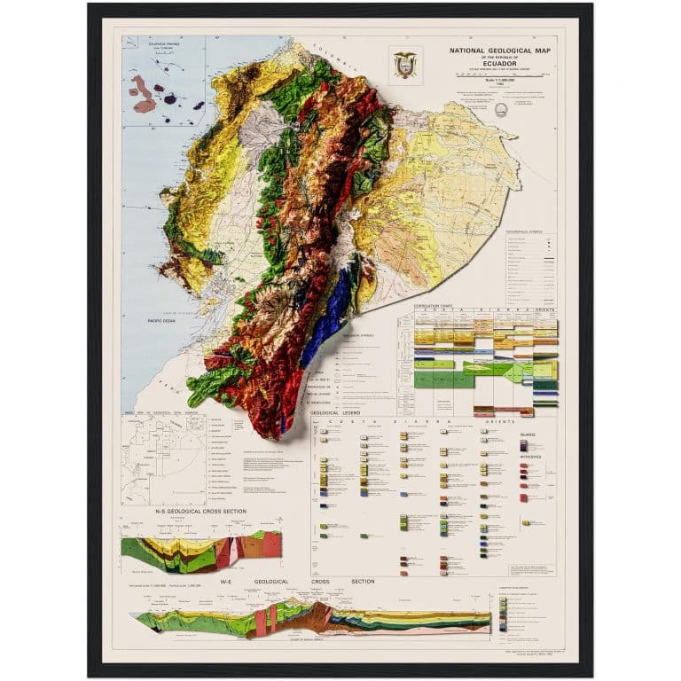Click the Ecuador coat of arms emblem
tap(405, 65)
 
